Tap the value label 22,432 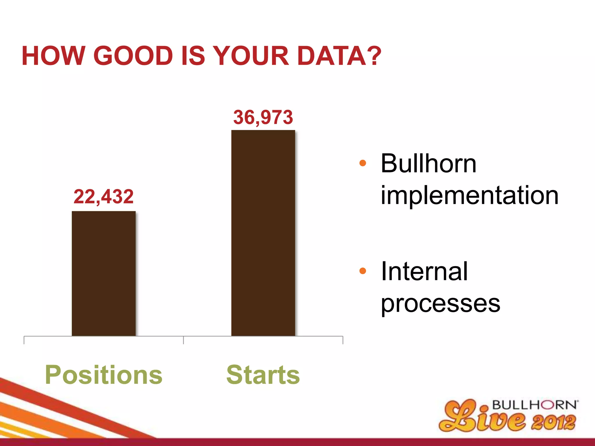coord(104,197)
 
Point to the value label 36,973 coord(263,117)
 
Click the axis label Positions coord(104,375)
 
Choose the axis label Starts coord(263,375)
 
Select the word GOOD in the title coord(133,56)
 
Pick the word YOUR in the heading coord(252,56)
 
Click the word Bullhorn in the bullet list coord(429,163)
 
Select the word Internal coord(424,271)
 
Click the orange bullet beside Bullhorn coord(363,163)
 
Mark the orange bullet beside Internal coord(363,271)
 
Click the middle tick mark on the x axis coord(184,340)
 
